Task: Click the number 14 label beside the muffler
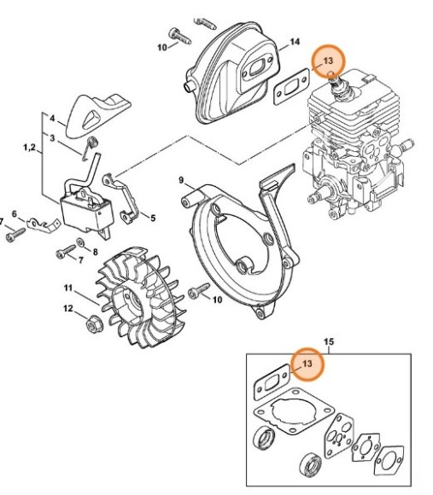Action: [x=295, y=42]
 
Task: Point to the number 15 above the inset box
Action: [x=329, y=342]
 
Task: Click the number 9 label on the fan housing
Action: [x=152, y=218]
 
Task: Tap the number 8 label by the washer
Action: [x=95, y=253]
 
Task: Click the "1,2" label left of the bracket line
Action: [x=29, y=149]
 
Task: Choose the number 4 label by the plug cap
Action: [x=51, y=118]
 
